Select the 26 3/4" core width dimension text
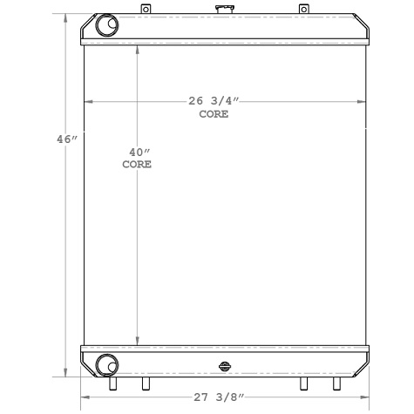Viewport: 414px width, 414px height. pos(214,101)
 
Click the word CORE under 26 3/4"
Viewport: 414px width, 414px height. pos(214,115)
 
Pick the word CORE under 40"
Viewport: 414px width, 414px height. pos(136,164)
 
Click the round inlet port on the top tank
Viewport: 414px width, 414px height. pos(106,26)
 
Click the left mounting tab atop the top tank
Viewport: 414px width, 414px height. pos(146,9)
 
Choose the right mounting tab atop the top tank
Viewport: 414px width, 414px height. pos(303,9)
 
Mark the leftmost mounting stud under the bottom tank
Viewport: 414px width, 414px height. pos(112,383)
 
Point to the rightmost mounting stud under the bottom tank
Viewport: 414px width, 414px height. pos(336,383)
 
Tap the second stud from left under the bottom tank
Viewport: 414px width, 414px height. pos(145,383)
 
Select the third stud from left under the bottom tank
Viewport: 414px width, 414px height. pos(303,383)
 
